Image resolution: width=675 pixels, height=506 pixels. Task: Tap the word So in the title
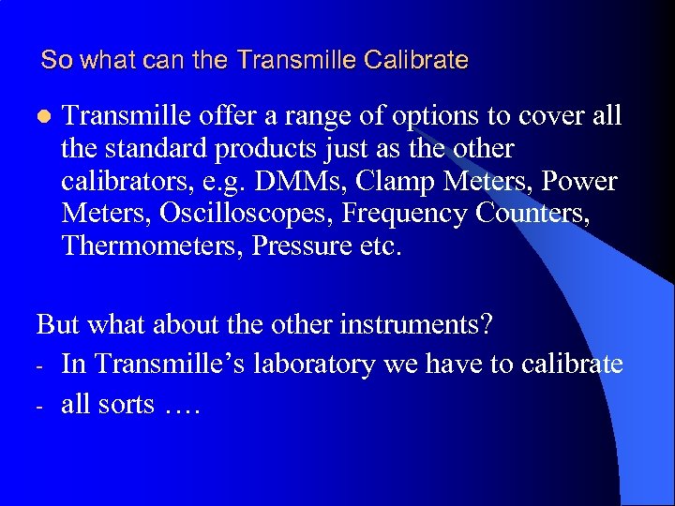(x=56, y=61)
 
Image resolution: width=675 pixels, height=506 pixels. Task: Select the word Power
(x=578, y=181)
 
